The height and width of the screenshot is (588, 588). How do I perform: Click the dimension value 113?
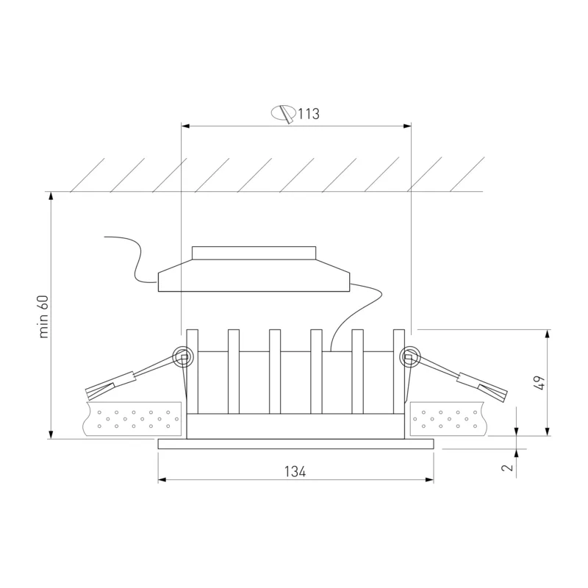(309, 114)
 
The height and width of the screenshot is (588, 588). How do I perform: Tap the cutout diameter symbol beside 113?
(284, 114)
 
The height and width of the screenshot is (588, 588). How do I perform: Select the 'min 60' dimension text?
(44, 317)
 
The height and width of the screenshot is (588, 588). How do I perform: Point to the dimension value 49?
(540, 382)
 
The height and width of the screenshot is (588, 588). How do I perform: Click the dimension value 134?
(295, 471)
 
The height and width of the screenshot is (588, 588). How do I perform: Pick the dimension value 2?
(507, 467)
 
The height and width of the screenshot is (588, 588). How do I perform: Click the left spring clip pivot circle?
(182, 356)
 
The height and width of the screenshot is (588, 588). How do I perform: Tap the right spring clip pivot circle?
(410, 356)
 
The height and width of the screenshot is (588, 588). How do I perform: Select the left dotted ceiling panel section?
(132, 419)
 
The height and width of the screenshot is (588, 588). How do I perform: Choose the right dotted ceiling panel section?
(448, 419)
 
